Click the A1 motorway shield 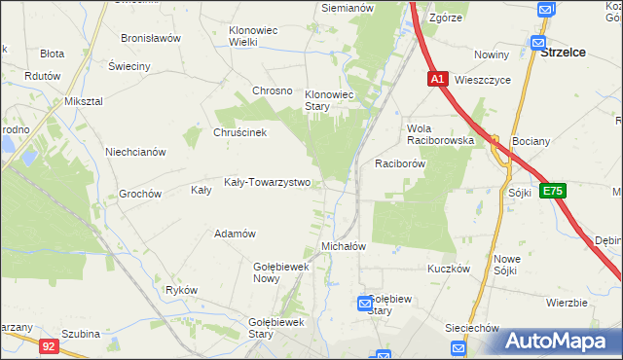pyautogui.click(x=437, y=79)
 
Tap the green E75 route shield pyautogui.click(x=553, y=192)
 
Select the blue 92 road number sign pyautogui.click(x=50, y=344)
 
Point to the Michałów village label pyautogui.click(x=343, y=247)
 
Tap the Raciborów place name pyautogui.click(x=401, y=164)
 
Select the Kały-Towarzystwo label pyautogui.click(x=267, y=182)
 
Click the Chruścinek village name pyautogui.click(x=239, y=133)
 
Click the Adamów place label pyautogui.click(x=235, y=234)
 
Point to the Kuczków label pyautogui.click(x=449, y=268)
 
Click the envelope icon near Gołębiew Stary pyautogui.click(x=365, y=304)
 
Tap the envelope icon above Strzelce pyautogui.click(x=537, y=42)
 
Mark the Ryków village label pyautogui.click(x=182, y=290)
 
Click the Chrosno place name pyautogui.click(x=273, y=90)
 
